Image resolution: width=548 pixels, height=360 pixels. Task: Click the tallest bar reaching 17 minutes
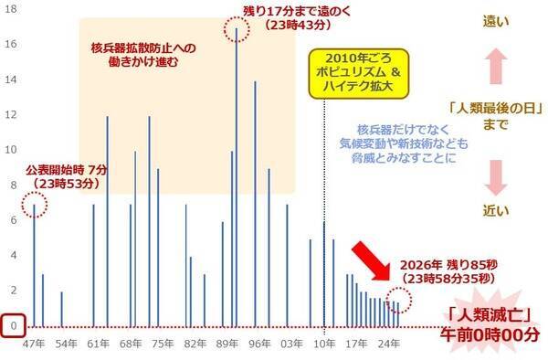click(x=237, y=174)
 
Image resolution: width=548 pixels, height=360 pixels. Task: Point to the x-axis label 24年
click(x=388, y=345)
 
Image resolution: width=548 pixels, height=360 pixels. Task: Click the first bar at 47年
click(x=34, y=265)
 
